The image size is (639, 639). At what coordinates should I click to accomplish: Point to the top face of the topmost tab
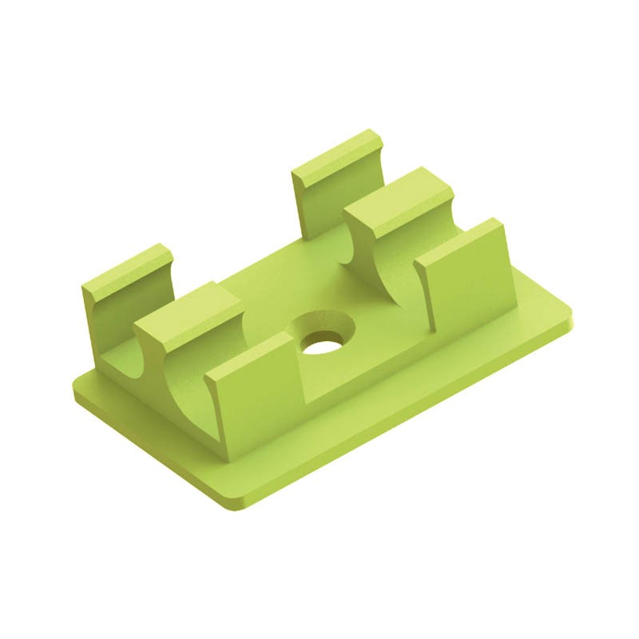click(335, 152)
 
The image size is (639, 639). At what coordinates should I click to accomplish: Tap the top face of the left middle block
click(188, 304)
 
